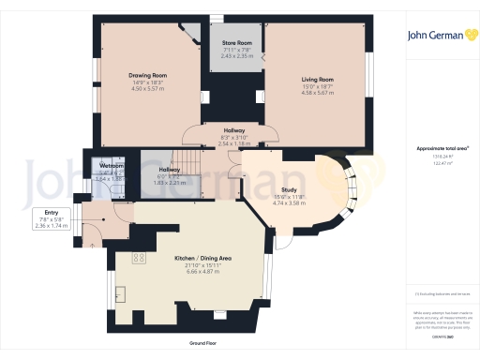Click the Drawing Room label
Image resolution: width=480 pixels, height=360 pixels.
click(x=146, y=75)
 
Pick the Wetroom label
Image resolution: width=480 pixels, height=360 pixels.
click(x=112, y=165)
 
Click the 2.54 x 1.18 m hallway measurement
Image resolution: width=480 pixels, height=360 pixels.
click(x=233, y=144)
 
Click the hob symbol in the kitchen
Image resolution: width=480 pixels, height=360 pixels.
click(x=139, y=258)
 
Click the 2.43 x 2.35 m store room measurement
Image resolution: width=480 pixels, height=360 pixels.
click(x=237, y=56)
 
